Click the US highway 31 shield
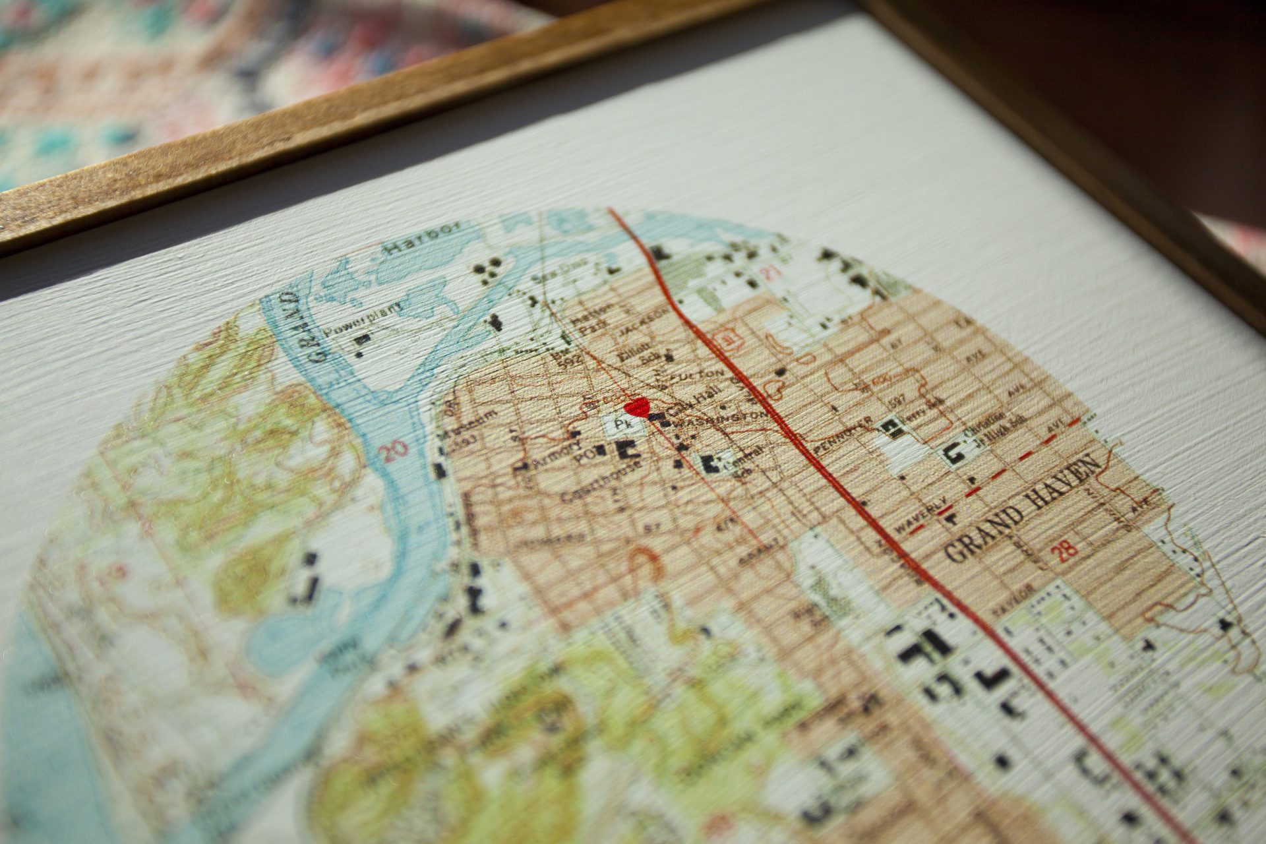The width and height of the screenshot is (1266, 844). coord(729,340)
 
